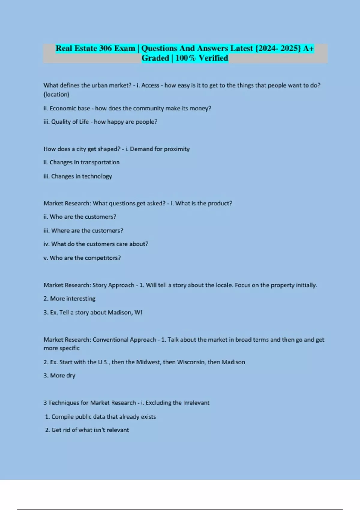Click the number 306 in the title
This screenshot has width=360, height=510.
(105, 48)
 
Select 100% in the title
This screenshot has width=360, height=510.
(185, 58)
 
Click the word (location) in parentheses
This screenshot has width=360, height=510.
(56, 94)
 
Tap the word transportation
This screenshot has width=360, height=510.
(100, 162)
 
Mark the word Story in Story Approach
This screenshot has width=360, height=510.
(100, 285)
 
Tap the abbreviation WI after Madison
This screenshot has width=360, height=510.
(138, 313)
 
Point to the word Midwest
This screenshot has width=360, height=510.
(148, 362)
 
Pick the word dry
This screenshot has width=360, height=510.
(71, 376)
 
